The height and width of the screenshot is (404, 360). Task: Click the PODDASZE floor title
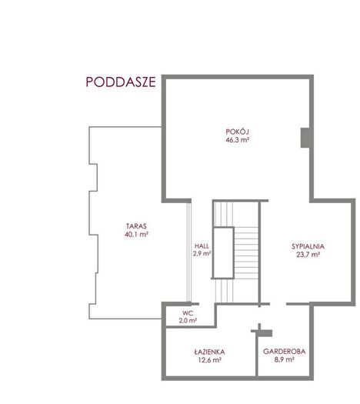coord(121,82)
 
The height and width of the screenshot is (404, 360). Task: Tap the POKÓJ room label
coord(237,132)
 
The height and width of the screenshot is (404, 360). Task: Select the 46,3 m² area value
coord(237,140)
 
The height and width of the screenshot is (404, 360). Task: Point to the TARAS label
coord(136,226)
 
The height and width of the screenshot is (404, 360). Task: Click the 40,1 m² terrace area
coord(136,235)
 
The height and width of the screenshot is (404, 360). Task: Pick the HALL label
coord(202,245)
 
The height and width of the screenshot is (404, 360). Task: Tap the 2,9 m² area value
coord(202,253)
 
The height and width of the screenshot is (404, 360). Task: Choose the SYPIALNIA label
coord(308,246)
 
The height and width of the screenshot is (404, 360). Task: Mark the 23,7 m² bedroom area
coord(308,255)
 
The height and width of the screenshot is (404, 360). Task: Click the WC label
coord(188,313)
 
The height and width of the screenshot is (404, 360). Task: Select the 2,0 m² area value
coord(188,321)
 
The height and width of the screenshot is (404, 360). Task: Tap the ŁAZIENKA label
coord(209,352)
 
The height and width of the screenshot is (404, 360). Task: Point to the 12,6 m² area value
coord(209,360)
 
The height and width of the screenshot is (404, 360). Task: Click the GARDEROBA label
coord(285,352)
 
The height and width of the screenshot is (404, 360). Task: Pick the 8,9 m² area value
coord(285,359)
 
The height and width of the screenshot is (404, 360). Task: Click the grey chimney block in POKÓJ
coord(305,138)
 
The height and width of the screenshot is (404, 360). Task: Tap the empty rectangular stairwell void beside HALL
coord(223,252)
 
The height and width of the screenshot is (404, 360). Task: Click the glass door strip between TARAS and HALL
coord(189,252)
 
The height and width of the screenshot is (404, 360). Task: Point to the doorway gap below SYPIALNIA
coord(278,304)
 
